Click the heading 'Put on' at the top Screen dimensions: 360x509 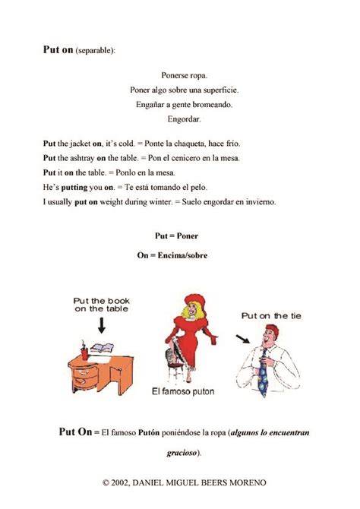click(58, 50)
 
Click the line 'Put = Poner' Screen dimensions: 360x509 click(176, 236)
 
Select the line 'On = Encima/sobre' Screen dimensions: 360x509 click(172, 256)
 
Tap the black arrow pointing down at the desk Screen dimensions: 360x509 click(100, 325)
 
